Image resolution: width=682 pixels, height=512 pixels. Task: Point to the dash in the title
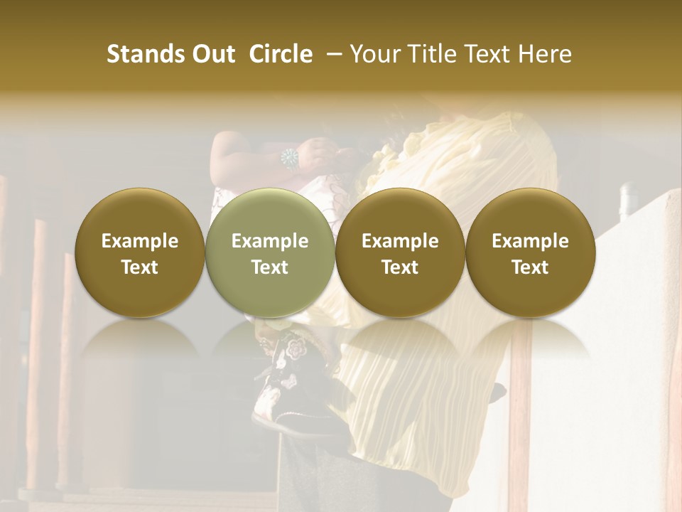click(x=331, y=54)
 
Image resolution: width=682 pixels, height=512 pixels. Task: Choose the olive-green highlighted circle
click(x=270, y=253)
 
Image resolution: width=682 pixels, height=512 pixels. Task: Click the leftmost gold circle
click(x=140, y=253)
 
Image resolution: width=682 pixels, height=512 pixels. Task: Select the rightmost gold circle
click(x=530, y=253)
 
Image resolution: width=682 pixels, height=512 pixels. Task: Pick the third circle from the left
click(x=400, y=253)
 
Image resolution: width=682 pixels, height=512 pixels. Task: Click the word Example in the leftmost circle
click(x=140, y=241)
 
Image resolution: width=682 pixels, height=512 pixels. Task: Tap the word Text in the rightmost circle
click(x=530, y=267)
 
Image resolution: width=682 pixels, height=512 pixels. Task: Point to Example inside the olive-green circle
click(x=270, y=241)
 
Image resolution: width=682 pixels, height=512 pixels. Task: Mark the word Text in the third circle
click(x=400, y=267)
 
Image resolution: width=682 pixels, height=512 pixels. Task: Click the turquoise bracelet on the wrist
click(x=290, y=158)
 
